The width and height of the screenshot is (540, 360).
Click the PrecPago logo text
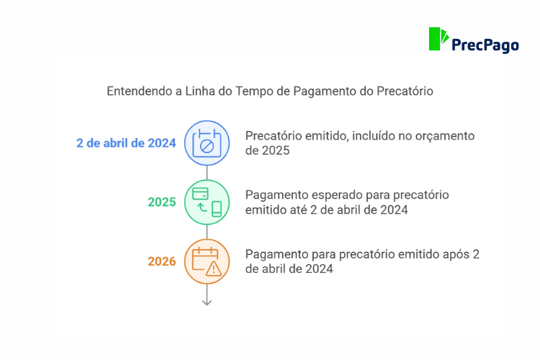(485, 45)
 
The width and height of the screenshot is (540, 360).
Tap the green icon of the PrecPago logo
(438, 39)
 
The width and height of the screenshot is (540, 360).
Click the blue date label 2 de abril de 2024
(126, 143)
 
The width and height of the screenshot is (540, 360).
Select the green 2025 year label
(162, 202)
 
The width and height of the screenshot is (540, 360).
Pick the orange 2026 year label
(162, 261)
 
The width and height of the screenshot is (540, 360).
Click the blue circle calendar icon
(207, 143)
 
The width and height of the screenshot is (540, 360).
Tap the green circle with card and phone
(207, 202)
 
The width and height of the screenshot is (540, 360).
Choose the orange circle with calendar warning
(207, 261)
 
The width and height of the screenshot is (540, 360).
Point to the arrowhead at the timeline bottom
(207, 302)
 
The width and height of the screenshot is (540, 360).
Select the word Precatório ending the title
(405, 91)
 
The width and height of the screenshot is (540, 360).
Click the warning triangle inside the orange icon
(214, 269)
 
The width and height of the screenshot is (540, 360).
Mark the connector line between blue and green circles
(207, 173)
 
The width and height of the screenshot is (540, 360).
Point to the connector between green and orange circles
(207, 232)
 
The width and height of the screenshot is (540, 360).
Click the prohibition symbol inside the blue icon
(207, 146)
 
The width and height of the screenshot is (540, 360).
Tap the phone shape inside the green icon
(217, 209)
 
